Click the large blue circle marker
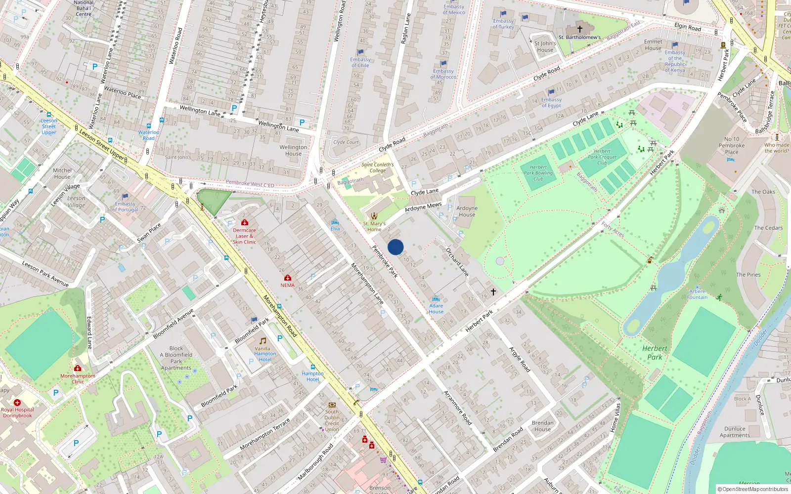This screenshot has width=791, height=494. click(395, 247)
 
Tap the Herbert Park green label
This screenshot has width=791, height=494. click(655, 352)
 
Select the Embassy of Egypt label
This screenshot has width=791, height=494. click(551, 102)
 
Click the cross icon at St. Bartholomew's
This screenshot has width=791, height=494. click(580, 29)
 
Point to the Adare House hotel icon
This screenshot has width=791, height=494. click(436, 299)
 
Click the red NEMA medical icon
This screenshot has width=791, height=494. click(288, 278)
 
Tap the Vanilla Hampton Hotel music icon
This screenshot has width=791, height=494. click(263, 341)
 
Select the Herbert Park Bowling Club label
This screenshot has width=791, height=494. click(538, 173)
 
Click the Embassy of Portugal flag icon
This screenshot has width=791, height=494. click(125, 197)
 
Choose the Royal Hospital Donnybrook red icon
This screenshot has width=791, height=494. click(17, 403)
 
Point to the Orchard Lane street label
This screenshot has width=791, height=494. click(457, 261)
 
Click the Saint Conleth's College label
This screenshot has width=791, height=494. click(378, 167)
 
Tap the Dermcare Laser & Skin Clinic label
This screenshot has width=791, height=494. click(244, 236)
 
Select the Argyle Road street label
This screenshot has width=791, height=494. click(520, 359)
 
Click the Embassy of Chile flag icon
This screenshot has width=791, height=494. click(360, 52)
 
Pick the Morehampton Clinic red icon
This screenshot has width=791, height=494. click(78, 369)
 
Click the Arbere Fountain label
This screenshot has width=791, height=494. click(698, 294)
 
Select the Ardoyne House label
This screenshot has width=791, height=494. click(467, 211)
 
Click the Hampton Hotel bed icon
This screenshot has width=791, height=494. click(313, 367)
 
